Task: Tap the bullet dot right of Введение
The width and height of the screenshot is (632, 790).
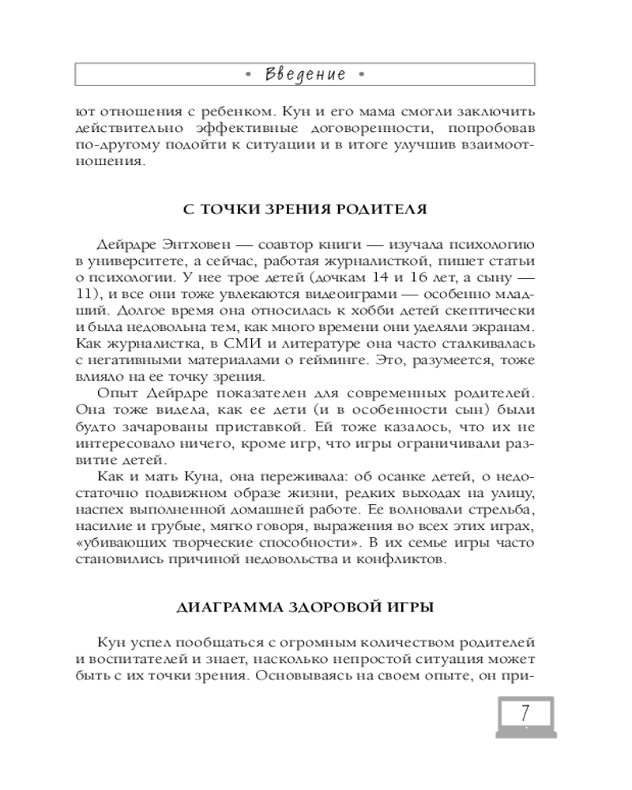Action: (x=361, y=75)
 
